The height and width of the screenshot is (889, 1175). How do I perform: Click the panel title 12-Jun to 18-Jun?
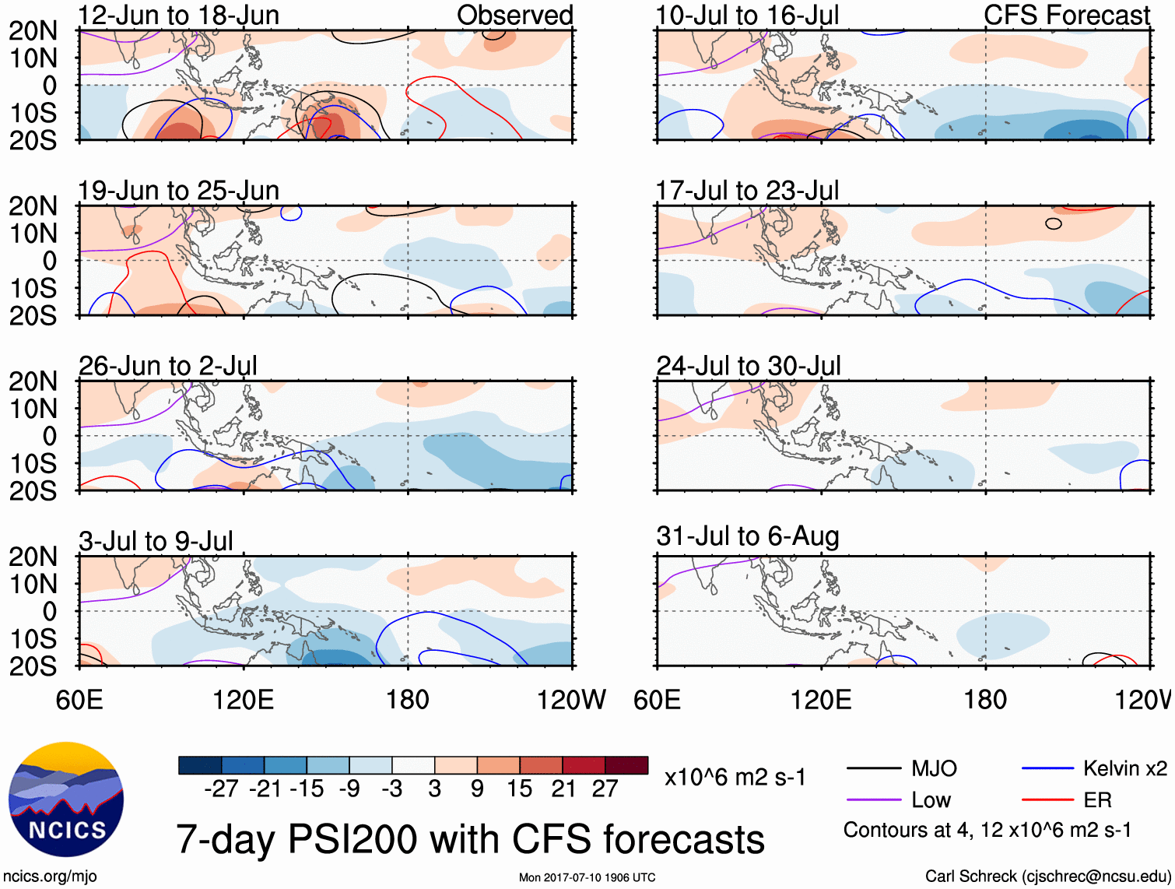click(x=178, y=16)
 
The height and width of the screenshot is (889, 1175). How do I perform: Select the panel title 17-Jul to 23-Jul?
click(x=747, y=191)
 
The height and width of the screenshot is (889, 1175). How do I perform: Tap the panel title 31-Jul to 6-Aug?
click(x=747, y=536)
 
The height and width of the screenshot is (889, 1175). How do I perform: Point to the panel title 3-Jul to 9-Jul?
click(x=156, y=541)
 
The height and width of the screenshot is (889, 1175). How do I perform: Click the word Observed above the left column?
click(x=514, y=16)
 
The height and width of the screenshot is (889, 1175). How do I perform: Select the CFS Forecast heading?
click(x=1066, y=16)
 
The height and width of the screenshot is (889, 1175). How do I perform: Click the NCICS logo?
click(x=66, y=799)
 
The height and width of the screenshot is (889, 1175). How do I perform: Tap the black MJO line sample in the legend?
click(x=874, y=769)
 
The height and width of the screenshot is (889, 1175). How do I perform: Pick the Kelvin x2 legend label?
click(x=1124, y=769)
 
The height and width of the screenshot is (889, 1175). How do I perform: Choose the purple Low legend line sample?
click(x=874, y=800)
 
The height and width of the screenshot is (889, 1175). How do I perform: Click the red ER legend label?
click(x=1097, y=800)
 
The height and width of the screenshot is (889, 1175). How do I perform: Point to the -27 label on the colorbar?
click(x=221, y=789)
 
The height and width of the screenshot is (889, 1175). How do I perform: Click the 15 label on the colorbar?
click(x=519, y=789)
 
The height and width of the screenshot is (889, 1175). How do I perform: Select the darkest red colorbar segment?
click(x=626, y=765)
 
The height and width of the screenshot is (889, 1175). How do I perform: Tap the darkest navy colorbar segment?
click(x=200, y=765)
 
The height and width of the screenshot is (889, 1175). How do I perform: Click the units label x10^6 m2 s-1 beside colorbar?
click(x=735, y=778)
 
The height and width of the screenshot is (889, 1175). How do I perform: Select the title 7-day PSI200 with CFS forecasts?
click(x=470, y=840)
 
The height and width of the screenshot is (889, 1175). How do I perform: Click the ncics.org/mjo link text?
click(x=50, y=877)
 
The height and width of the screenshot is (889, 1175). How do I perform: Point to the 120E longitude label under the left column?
click(x=243, y=700)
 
